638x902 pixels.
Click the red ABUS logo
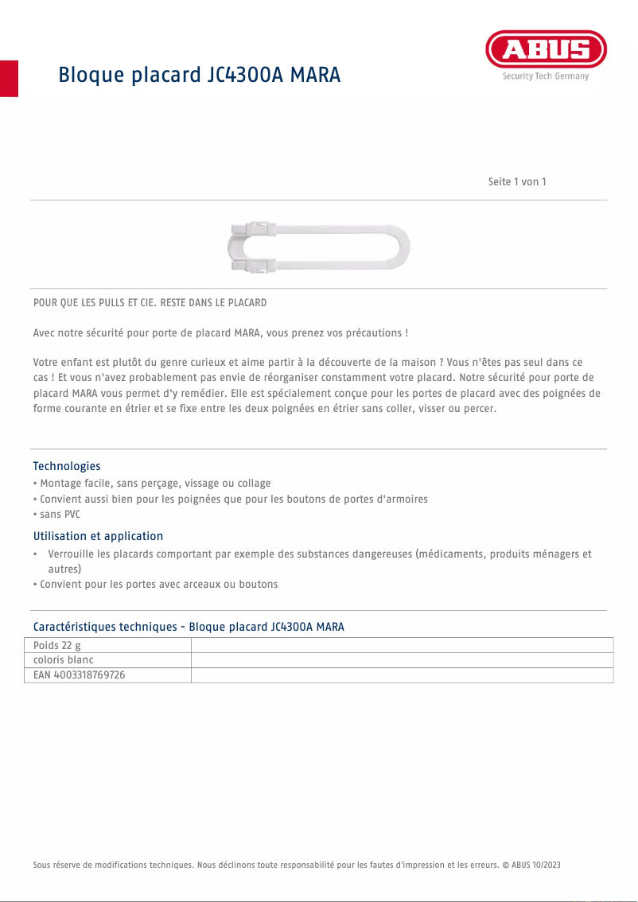[x=546, y=50]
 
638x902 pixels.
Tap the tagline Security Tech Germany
[x=546, y=76]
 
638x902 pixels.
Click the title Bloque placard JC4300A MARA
[x=199, y=75]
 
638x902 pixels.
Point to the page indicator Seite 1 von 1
[x=517, y=182]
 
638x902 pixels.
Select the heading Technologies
[x=67, y=466]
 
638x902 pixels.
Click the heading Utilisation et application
[x=98, y=536]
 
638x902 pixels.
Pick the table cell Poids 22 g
[x=57, y=645]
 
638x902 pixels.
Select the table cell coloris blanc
[x=64, y=660]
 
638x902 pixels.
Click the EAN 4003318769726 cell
[x=79, y=675]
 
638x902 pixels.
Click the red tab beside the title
[x=9, y=78]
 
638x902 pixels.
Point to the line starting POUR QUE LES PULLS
[x=150, y=303]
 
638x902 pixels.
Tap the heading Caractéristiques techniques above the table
[x=189, y=627]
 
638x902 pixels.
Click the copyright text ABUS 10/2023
[x=535, y=865]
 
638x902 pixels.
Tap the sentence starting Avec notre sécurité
[x=220, y=332]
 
